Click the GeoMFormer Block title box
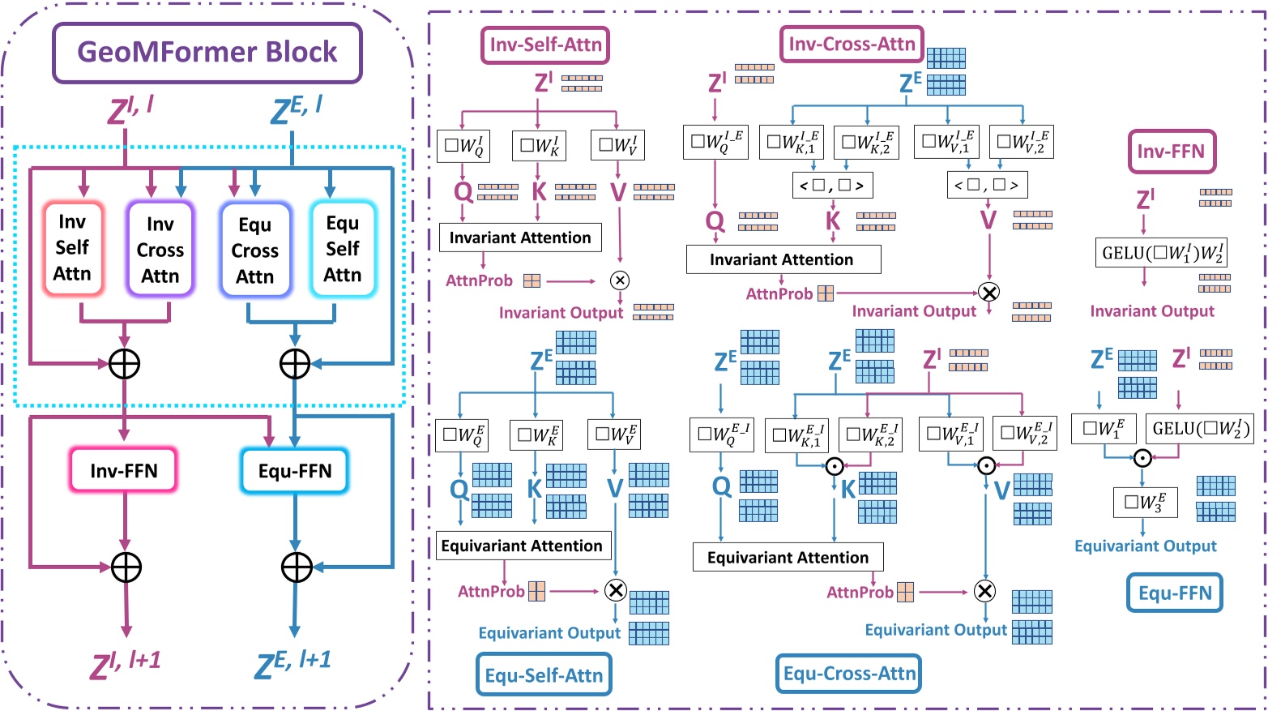pos(207,53)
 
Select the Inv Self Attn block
pos(72,247)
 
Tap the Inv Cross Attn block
pos(160,250)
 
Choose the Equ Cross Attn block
pos(254,251)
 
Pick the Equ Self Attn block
pos(342,249)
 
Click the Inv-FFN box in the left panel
pos(124,470)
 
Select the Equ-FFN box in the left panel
pos(295,471)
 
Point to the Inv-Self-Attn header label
pos(545,45)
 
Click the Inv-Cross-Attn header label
pos(852,44)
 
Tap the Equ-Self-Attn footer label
pos(544,675)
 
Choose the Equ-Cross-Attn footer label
pos(849,673)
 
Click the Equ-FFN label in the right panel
pos(1174,593)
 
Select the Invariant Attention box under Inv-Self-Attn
pos(520,238)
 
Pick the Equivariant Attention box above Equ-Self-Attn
pos(522,546)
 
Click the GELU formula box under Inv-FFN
pos(1161,253)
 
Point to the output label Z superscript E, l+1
pos(293,664)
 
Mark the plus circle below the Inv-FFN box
pos(126,568)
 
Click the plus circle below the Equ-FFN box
pos(297,568)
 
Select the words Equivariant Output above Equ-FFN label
pos(1145,546)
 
